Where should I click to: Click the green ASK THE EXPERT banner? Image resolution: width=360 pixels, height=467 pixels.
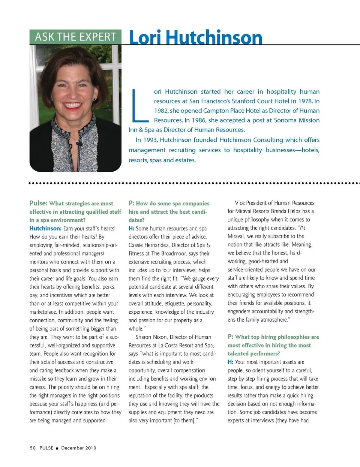point(75,37)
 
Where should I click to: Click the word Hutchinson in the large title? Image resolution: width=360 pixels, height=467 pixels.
point(214,37)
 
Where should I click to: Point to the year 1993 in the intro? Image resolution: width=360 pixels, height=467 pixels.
point(150,140)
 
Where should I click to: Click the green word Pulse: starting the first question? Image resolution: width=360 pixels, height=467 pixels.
point(38,203)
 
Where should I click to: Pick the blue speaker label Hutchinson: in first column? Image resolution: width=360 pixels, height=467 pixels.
point(45,228)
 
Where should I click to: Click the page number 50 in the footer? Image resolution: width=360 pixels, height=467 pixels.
point(33,448)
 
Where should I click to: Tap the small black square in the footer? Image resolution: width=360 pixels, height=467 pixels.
point(57,448)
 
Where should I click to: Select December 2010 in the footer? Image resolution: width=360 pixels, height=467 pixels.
point(79,448)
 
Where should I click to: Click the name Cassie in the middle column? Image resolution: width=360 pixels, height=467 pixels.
point(136,245)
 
